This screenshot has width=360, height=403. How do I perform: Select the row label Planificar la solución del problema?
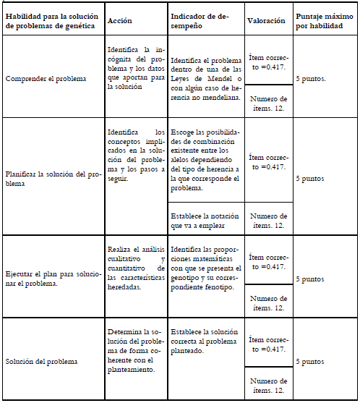pyautogui.click(x=50, y=179)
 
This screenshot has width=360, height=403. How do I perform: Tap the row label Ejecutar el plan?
pyautogui.click(x=50, y=278)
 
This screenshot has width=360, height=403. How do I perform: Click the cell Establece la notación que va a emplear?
pyautogui.click(x=203, y=221)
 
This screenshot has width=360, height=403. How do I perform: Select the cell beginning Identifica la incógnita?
pyautogui.click(x=135, y=67)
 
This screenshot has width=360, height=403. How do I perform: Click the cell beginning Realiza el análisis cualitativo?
pyautogui.click(x=135, y=268)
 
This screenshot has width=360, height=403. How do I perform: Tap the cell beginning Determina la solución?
pyautogui.click(x=135, y=350)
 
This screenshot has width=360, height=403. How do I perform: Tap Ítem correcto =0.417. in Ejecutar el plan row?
pyautogui.click(x=267, y=262)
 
